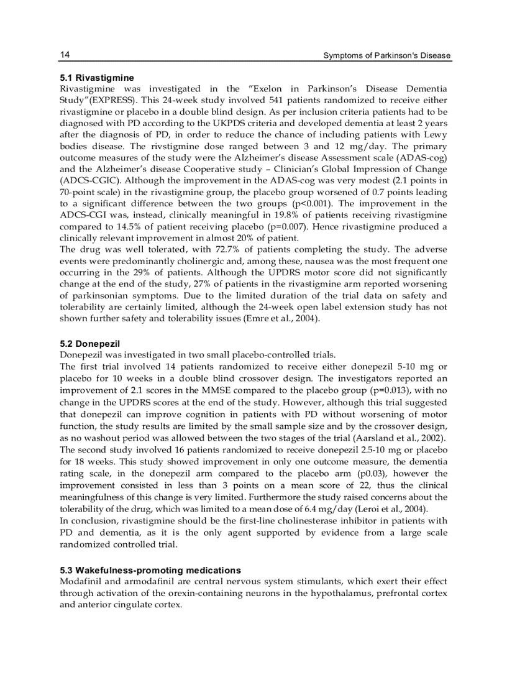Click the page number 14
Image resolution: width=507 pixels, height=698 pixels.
coord(65,55)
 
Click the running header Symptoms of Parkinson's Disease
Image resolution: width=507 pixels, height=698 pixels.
coord(386,56)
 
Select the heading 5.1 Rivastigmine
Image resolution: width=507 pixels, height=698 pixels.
coord(96,78)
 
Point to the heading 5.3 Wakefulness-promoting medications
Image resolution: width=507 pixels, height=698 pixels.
coord(150,570)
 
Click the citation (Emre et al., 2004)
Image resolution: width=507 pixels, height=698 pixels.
coord(282,318)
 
